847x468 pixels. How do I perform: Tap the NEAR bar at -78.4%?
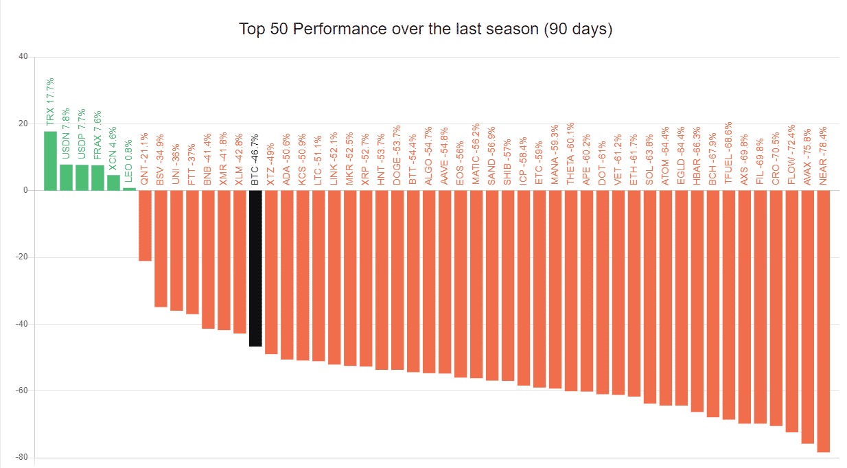point(823,321)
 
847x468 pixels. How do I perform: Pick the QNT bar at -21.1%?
point(145,225)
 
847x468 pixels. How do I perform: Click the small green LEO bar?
point(129,189)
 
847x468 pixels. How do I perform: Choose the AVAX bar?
point(807,317)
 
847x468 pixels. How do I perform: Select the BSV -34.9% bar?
point(161,248)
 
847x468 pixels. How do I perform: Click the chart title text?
point(425,30)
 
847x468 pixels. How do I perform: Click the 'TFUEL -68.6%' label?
point(729,152)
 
